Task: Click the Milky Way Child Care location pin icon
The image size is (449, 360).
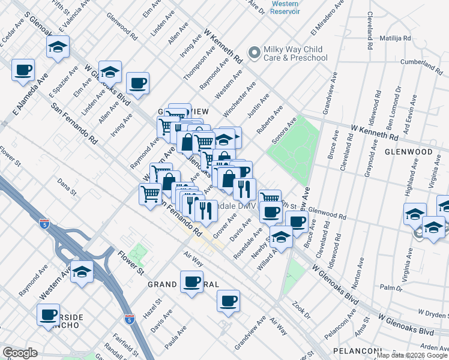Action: [x=255, y=53]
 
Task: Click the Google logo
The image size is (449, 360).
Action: [x=20, y=353]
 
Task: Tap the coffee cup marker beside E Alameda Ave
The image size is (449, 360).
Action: [x=23, y=70]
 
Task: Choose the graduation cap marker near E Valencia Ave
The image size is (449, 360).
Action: [x=58, y=47]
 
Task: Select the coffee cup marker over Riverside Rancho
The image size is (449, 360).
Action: [x=48, y=314]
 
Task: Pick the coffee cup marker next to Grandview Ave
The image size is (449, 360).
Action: [x=228, y=301]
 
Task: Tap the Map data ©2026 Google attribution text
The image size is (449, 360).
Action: [x=411, y=355]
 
